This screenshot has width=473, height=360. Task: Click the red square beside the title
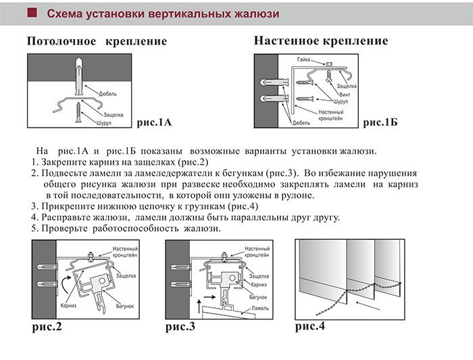pos(31,14)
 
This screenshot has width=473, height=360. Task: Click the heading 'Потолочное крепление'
pos(97,42)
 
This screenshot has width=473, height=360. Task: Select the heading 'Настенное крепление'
pos(321,41)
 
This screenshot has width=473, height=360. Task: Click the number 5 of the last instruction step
pos(34,228)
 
